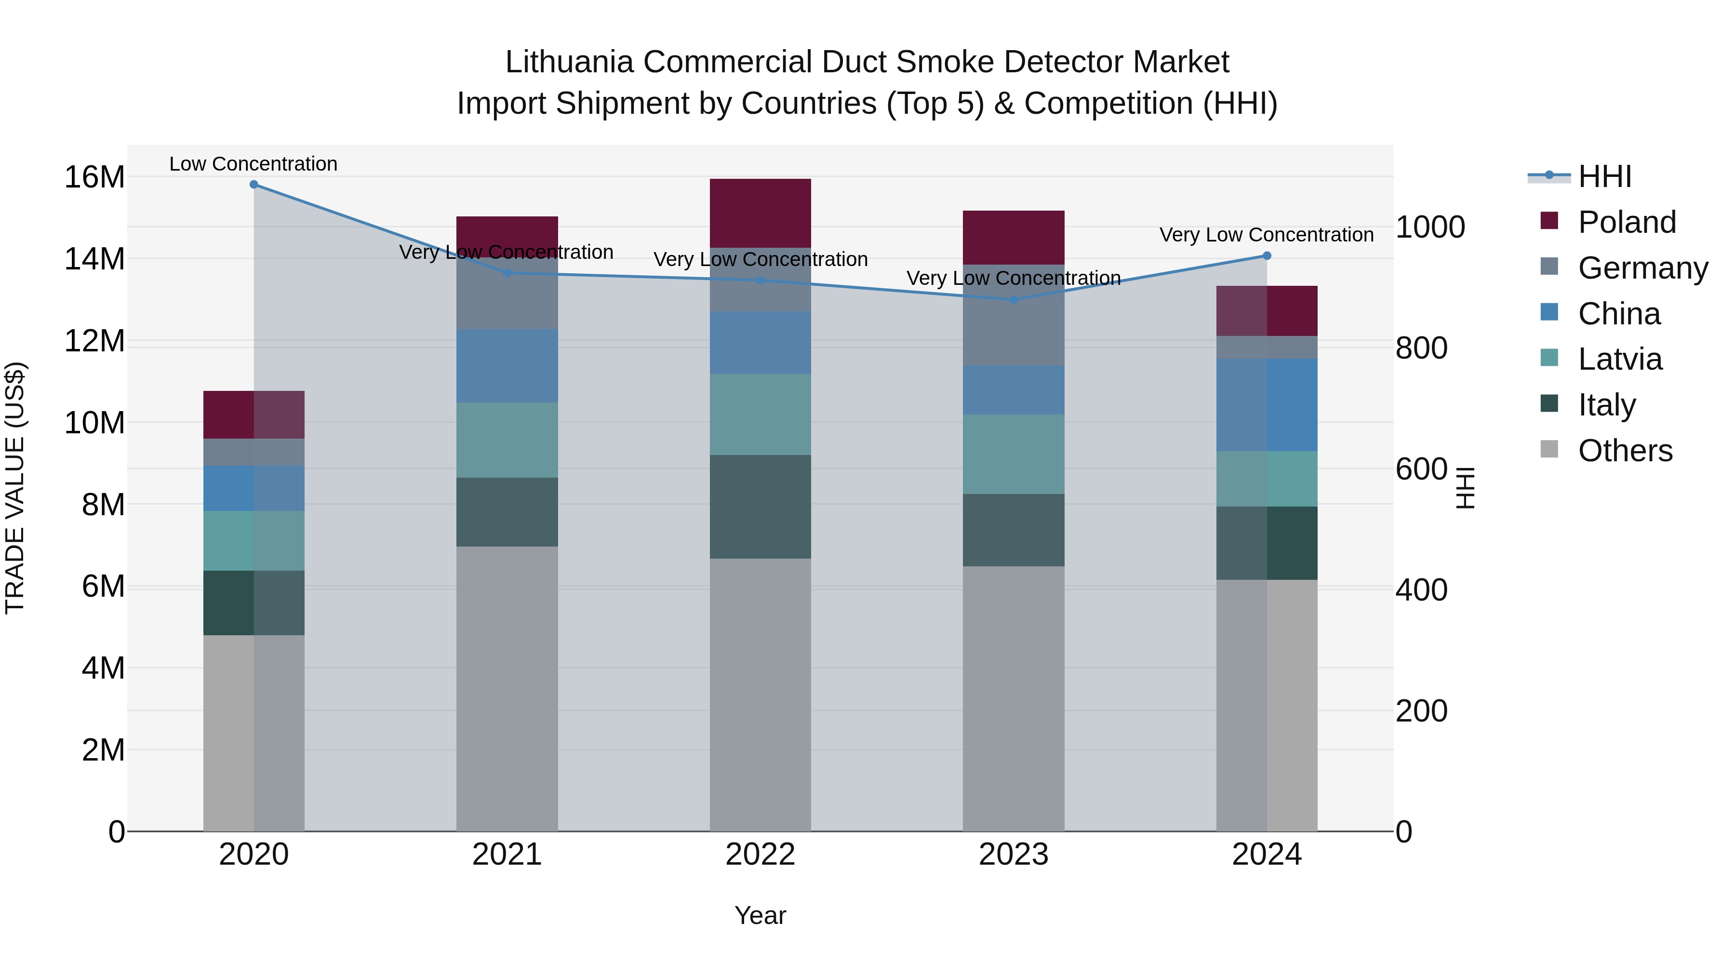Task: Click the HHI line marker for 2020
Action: pyautogui.click(x=254, y=185)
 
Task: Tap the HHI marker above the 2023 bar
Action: pyautogui.click(x=1013, y=300)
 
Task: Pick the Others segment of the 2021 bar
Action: pyautogui.click(x=507, y=688)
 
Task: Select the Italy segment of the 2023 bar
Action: pyautogui.click(x=1013, y=530)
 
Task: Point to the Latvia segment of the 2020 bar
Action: pyautogui.click(x=254, y=541)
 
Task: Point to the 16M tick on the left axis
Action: pyautogui.click(x=94, y=177)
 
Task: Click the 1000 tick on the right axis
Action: pyautogui.click(x=1430, y=227)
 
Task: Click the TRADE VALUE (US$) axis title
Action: pyautogui.click(x=15, y=488)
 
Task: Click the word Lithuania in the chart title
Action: pyautogui.click(x=569, y=62)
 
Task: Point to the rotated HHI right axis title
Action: pyautogui.click(x=1466, y=488)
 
